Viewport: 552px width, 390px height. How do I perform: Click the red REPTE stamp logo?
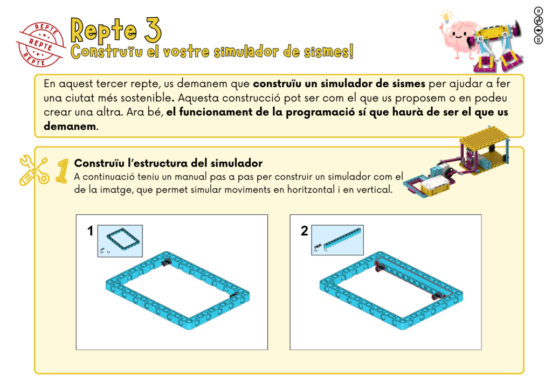41,44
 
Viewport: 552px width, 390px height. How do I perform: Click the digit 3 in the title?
153,30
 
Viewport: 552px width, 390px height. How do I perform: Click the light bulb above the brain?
447,16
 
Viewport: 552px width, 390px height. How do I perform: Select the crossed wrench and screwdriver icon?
34,171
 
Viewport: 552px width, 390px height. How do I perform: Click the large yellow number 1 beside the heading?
63,171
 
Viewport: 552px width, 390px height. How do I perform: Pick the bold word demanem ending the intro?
70,126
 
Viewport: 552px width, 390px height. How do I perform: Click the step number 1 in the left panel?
91,231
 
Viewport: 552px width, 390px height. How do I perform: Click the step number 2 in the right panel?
304,231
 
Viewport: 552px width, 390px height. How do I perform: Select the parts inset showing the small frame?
120,241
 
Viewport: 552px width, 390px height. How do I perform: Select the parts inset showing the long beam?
337,240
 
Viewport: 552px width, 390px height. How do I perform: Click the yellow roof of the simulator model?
485,138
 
